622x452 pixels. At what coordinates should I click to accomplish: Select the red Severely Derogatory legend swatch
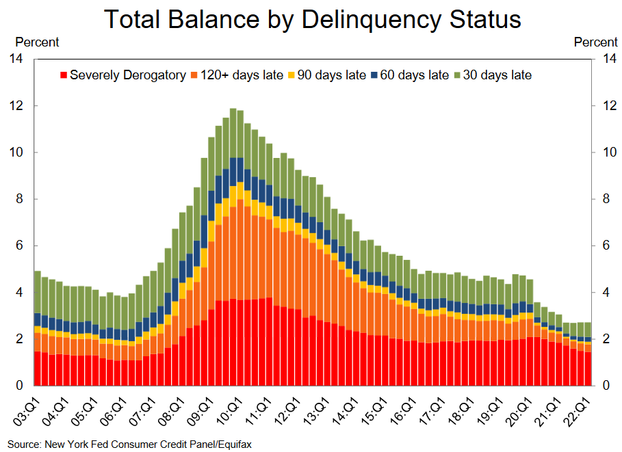coord(64,75)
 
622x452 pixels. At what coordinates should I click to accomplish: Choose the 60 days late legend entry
coord(414,75)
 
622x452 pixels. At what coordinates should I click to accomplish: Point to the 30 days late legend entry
coord(497,75)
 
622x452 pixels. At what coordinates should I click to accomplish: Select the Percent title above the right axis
coord(595,42)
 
